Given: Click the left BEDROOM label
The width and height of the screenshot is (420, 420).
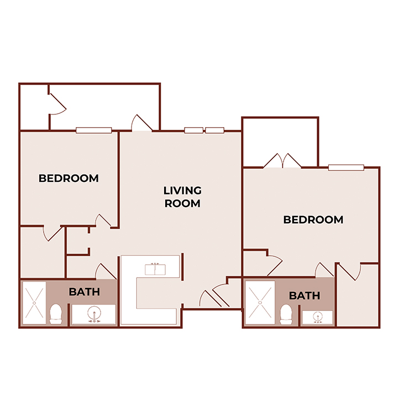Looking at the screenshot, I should point(69,179).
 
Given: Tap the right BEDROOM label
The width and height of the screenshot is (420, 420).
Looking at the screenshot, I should point(313,220).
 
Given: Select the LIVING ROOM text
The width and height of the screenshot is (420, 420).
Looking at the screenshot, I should point(182,197).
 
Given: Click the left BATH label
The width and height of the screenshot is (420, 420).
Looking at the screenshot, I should point(84,292).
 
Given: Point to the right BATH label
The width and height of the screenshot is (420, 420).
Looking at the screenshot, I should point(305,296).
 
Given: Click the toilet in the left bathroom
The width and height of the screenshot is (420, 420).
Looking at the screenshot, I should point(55,314).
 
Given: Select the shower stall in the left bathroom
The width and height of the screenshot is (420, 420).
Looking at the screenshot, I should point(34,303).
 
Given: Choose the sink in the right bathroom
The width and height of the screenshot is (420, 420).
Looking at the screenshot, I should point(318,318).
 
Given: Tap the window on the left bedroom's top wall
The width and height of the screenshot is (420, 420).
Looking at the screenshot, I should point(93,130).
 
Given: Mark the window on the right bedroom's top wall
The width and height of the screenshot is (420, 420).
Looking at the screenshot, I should point(346,167).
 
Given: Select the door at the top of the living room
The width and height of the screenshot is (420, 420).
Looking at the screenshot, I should point(141,123).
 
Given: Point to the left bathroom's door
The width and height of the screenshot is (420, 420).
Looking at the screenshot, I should point(106,271).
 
